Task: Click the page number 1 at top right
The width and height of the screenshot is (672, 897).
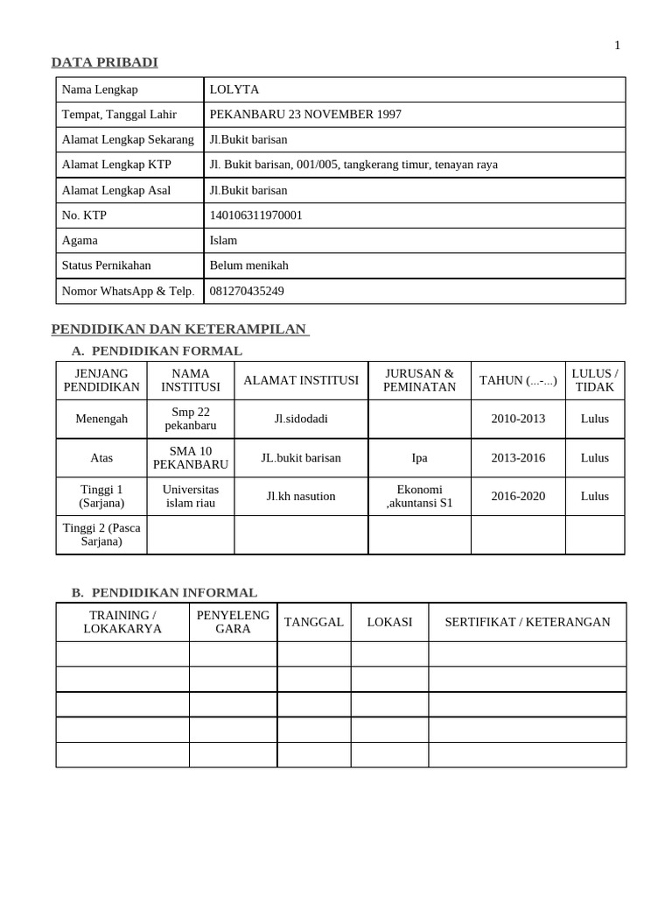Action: click(x=617, y=46)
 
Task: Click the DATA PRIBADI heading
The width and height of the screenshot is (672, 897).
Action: click(x=104, y=61)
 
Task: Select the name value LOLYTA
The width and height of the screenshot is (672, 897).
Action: click(x=234, y=89)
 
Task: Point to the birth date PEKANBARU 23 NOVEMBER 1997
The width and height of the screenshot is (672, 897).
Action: click(x=305, y=115)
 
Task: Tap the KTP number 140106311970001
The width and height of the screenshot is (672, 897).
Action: click(x=256, y=215)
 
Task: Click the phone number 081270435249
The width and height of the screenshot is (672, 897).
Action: click(x=247, y=291)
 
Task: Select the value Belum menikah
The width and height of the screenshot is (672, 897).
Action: click(x=248, y=265)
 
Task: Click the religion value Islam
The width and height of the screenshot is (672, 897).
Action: click(x=223, y=240)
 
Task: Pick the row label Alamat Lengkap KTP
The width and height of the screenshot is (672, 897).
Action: click(x=116, y=165)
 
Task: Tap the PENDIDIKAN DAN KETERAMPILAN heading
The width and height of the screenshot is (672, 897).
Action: click(x=179, y=328)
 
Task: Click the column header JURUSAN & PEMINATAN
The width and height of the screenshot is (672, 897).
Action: click(x=420, y=380)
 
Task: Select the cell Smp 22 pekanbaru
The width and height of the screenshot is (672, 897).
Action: click(x=191, y=419)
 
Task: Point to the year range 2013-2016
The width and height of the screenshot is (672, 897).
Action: click(x=518, y=457)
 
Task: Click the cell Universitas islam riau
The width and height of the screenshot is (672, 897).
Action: click(x=191, y=496)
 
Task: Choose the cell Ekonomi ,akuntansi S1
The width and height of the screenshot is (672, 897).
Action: click(x=420, y=496)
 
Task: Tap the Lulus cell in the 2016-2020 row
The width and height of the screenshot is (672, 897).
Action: click(x=595, y=496)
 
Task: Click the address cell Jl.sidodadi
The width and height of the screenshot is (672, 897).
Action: click(x=301, y=419)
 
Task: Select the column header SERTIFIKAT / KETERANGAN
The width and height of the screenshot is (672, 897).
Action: click(x=528, y=622)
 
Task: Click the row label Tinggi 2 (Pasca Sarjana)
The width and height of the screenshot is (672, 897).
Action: click(x=101, y=534)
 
